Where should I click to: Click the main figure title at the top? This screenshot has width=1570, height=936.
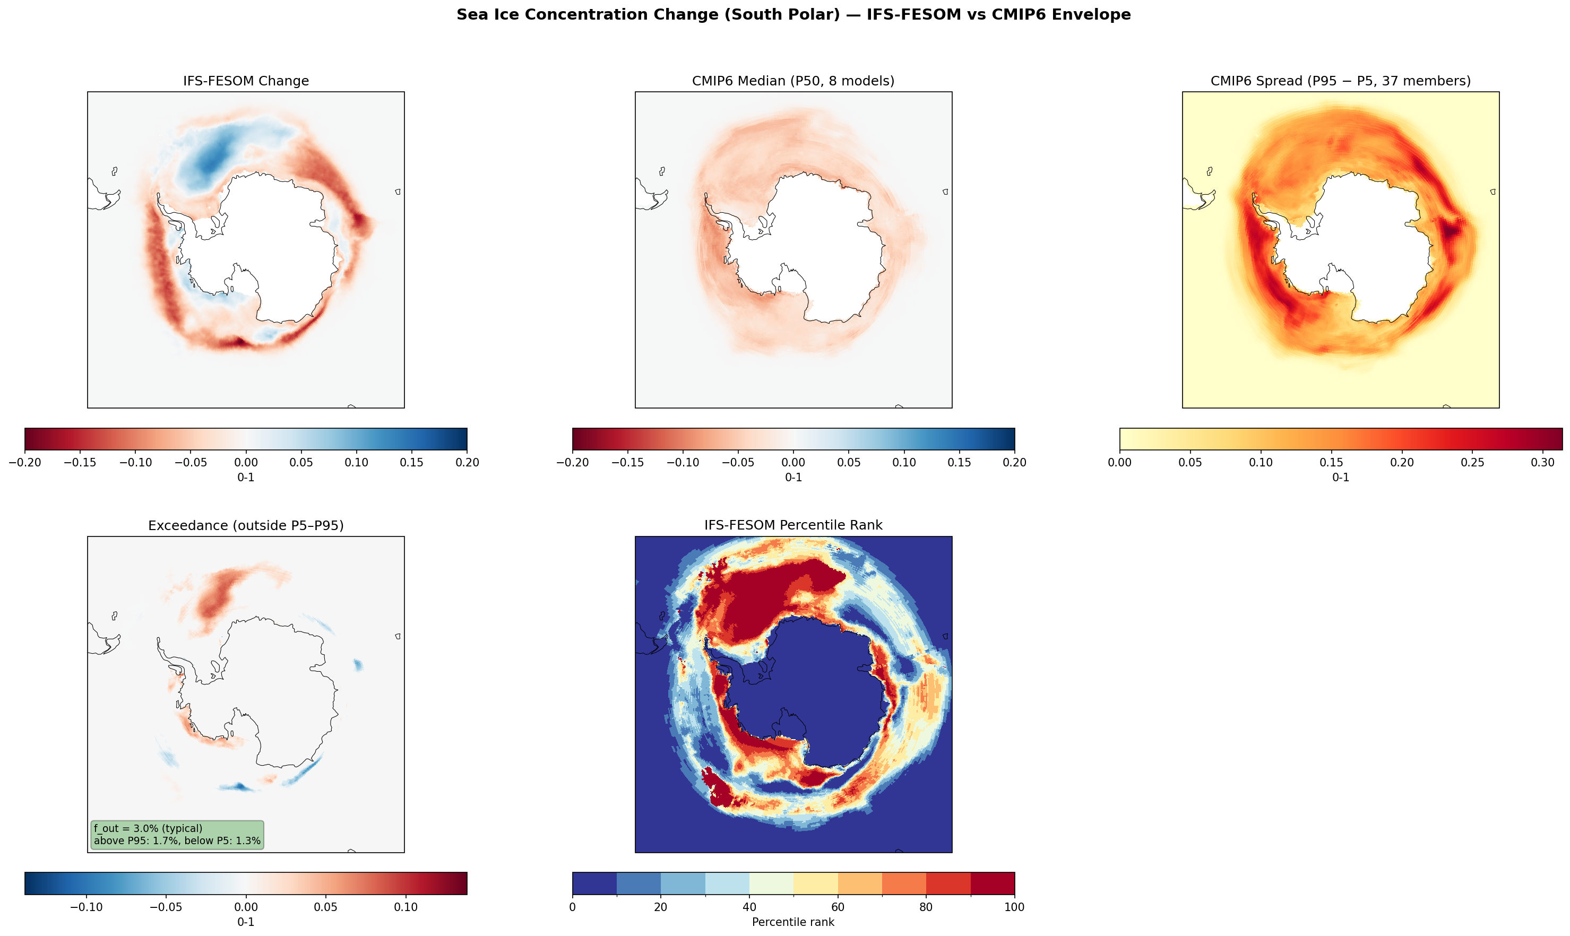[x=793, y=14]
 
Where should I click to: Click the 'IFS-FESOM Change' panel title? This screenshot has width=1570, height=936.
[x=245, y=81]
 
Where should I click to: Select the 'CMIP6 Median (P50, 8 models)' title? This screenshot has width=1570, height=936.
[x=793, y=81]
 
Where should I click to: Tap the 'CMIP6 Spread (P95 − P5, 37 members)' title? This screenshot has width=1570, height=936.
[x=1340, y=81]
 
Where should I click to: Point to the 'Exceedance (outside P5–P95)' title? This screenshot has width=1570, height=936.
[x=245, y=525]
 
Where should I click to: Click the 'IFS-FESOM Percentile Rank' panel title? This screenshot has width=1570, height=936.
[x=793, y=525]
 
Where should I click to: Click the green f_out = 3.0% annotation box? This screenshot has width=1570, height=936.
[x=177, y=835]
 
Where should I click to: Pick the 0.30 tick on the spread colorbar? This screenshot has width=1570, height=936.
[x=1542, y=462]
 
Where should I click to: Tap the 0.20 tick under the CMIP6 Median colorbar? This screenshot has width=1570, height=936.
[x=1014, y=462]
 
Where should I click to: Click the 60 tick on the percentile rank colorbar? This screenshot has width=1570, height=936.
[x=837, y=907]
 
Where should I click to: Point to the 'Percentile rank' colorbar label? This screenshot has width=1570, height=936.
[x=793, y=922]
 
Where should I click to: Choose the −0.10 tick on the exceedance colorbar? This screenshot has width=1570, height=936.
[x=86, y=907]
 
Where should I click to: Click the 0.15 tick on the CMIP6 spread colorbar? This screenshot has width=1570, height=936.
[x=1331, y=462]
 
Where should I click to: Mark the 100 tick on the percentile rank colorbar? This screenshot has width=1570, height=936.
[x=1014, y=907]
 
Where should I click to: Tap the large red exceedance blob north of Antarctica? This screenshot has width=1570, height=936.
[x=214, y=596]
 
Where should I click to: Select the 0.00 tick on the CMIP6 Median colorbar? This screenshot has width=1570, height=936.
[x=793, y=462]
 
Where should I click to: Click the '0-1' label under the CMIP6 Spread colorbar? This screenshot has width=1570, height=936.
[x=1340, y=478]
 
